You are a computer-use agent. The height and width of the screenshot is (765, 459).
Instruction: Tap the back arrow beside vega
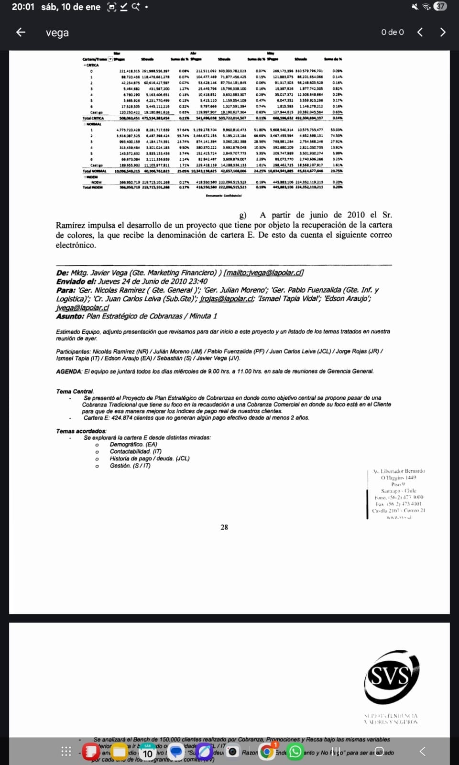(x=21, y=32)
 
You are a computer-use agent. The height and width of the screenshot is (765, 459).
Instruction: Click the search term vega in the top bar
(x=57, y=33)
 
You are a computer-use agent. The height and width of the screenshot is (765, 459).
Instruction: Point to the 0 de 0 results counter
(x=392, y=32)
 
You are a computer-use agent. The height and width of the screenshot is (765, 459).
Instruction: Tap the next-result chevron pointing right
(x=442, y=32)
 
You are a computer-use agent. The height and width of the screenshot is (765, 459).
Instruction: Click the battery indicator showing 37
(x=440, y=6)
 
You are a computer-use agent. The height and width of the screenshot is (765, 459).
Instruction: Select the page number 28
(x=224, y=527)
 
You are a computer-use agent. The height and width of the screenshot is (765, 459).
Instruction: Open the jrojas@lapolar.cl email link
(x=227, y=298)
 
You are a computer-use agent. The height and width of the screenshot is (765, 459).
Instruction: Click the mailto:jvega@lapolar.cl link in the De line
(x=263, y=273)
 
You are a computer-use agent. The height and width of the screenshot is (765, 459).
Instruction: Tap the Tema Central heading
(x=75, y=391)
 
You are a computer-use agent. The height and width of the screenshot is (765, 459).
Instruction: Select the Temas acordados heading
(x=81, y=431)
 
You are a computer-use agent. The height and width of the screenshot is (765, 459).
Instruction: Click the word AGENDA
(x=68, y=371)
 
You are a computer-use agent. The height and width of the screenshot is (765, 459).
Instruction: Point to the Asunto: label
(x=70, y=316)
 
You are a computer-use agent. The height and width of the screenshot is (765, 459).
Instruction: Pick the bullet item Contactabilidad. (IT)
(x=135, y=451)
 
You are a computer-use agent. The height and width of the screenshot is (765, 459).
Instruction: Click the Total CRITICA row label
(x=93, y=118)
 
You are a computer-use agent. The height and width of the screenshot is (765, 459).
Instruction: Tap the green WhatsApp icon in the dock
(x=295, y=752)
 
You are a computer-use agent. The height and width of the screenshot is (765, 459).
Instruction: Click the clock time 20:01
(x=23, y=7)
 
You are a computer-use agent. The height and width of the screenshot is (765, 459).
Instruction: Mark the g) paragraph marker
(x=243, y=215)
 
